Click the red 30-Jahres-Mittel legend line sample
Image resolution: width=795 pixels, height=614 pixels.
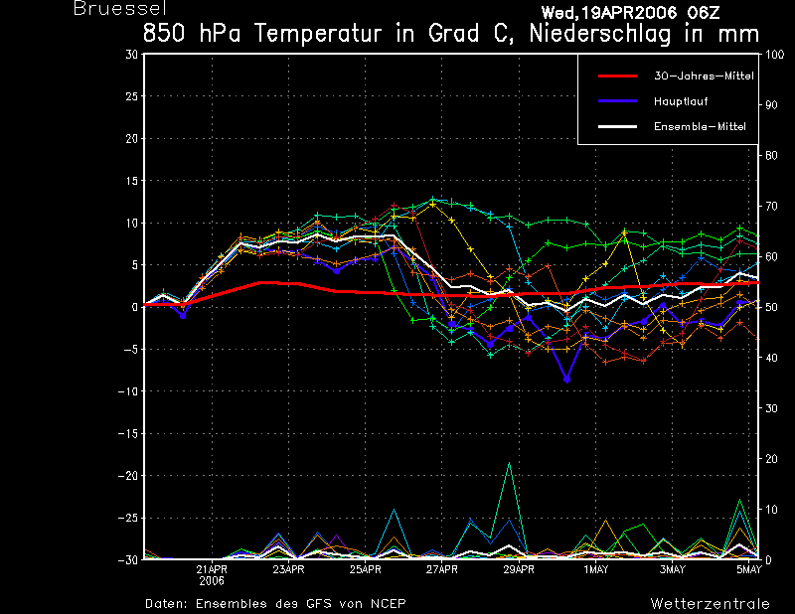617,77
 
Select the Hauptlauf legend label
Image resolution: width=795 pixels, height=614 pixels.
681,101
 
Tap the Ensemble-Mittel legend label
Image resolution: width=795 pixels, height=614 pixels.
700,127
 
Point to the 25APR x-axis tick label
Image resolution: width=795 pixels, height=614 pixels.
365,569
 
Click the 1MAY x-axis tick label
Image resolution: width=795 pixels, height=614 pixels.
595,569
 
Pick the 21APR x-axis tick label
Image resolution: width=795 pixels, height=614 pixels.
212,569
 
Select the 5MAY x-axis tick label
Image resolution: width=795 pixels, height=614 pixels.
749,569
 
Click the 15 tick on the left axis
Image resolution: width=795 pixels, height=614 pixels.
131,181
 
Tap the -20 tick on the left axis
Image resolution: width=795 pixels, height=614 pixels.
128,476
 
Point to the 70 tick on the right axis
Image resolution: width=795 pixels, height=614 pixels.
771,206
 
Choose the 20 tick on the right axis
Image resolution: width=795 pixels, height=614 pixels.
771,459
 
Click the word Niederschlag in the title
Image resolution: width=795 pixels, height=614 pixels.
600,34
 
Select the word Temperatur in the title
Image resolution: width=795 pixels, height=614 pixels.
317,34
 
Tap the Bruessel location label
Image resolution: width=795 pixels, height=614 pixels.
119,8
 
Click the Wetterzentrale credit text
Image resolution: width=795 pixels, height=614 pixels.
710,603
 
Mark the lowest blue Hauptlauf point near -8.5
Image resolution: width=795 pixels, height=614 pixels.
566,380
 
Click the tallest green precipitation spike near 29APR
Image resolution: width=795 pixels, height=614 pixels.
509,463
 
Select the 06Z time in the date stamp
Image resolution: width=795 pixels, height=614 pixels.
704,12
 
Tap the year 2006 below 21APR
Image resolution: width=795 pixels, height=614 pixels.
212,581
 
